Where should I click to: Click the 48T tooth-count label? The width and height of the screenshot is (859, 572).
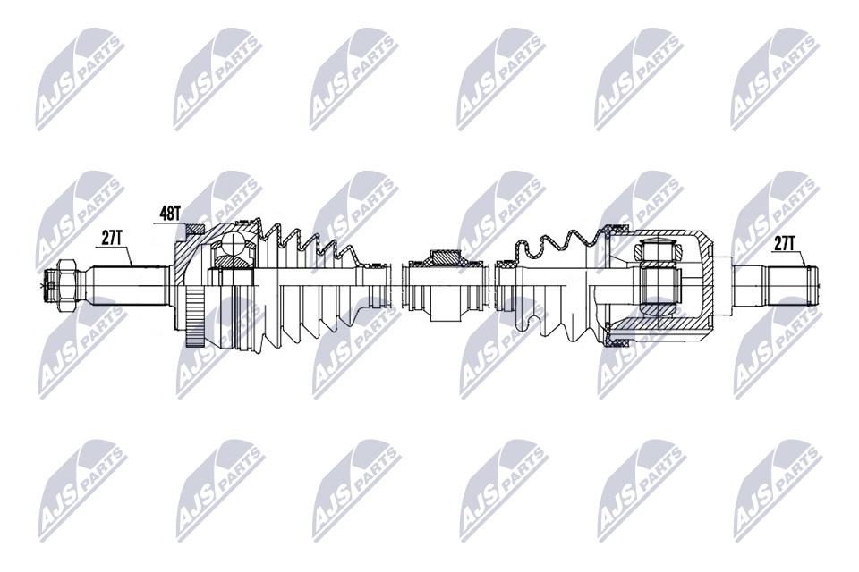point(170,214)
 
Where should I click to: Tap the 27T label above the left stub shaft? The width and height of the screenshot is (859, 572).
point(111,238)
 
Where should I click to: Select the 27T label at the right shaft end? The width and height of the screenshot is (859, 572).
point(784,244)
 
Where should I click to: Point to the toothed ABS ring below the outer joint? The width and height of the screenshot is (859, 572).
point(195,317)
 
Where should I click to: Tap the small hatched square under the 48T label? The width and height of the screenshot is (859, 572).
point(193,231)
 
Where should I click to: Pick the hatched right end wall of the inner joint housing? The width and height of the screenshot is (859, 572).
point(707,283)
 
